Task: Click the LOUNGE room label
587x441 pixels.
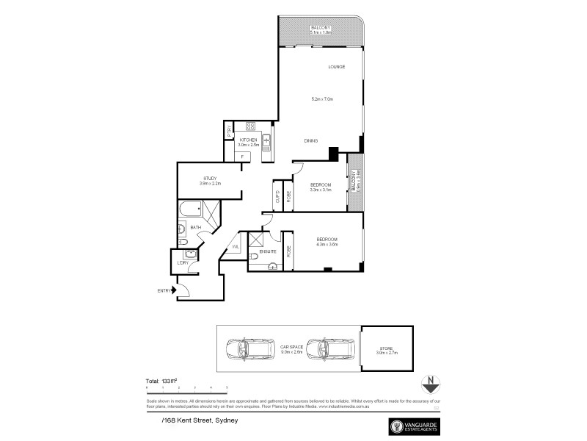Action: pos(337,67)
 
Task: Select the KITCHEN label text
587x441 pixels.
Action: pos(248,140)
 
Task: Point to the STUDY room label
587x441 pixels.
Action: pos(211,178)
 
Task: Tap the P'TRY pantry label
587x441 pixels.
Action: pos(229,133)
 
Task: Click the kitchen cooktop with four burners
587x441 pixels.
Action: pos(249,126)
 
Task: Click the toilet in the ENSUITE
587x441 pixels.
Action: pos(254,255)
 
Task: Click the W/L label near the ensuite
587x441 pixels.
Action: pos(236,247)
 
